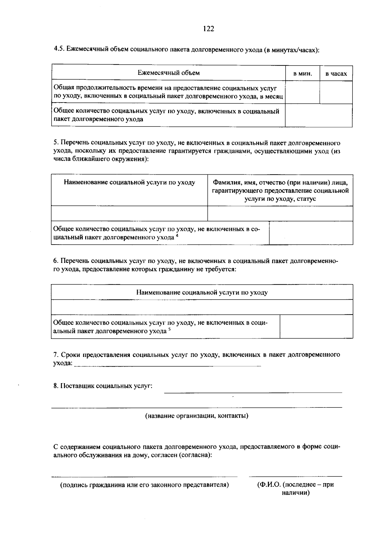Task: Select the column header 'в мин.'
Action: pos(302,74)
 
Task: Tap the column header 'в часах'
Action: pos(336,74)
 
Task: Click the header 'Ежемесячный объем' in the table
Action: pos(168,73)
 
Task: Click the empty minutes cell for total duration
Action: pos(302,92)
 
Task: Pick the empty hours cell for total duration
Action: pos(336,92)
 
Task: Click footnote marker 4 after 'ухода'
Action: pos(177,235)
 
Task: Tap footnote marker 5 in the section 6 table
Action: pos(169,329)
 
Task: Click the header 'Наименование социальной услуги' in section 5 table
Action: pos(129,183)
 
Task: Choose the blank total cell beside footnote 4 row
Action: pos(311,233)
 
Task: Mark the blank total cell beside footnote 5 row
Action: pos(316,327)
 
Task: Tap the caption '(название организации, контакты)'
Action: pos(197,416)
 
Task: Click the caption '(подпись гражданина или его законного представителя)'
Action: pos(144,485)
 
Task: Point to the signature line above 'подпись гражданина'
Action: pos(144,476)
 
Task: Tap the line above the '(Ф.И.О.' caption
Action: pos(295,476)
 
